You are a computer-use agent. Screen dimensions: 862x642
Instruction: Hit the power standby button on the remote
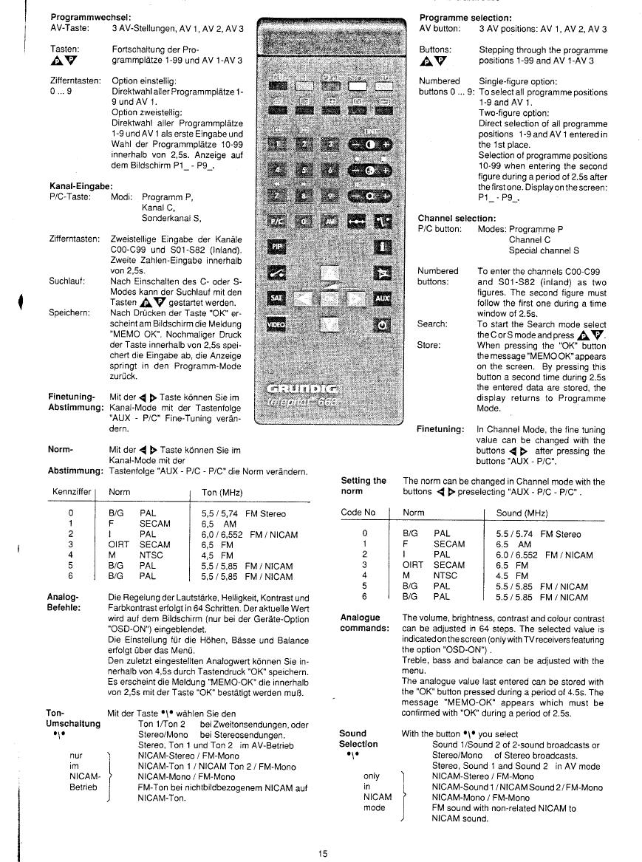click(381, 324)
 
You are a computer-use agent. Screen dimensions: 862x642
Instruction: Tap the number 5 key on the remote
click(302, 170)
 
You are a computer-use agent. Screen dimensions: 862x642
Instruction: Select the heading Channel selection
click(457, 219)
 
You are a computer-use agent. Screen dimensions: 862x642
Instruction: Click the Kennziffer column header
click(72, 492)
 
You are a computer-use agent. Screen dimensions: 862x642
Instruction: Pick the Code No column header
click(358, 512)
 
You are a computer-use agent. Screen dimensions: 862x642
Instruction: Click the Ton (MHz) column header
click(222, 492)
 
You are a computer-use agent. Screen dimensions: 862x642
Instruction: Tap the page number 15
click(323, 854)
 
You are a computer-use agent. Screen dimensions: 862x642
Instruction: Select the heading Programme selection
click(465, 17)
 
